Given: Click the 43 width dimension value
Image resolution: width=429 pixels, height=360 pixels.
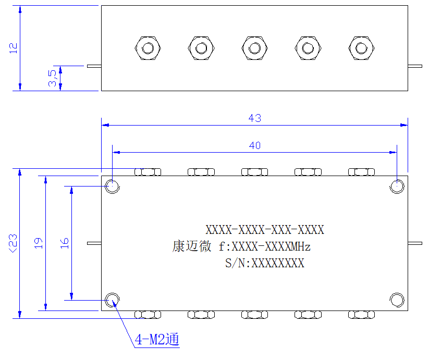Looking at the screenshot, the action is [x=254, y=118].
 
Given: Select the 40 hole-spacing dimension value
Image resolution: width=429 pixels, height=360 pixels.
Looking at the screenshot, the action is [x=255, y=145].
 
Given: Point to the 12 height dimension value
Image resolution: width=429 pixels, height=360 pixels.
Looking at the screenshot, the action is [x=13, y=48].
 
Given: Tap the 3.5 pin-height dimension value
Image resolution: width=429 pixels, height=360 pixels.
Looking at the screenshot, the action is [x=52, y=78].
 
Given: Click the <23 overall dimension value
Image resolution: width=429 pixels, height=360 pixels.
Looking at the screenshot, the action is [x=13, y=243].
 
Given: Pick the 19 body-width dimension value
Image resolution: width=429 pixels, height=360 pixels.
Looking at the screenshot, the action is [x=38, y=243].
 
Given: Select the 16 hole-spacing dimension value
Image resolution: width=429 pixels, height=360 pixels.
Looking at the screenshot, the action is [x=64, y=243].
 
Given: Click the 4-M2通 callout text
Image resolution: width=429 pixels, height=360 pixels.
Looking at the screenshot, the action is [x=157, y=340].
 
